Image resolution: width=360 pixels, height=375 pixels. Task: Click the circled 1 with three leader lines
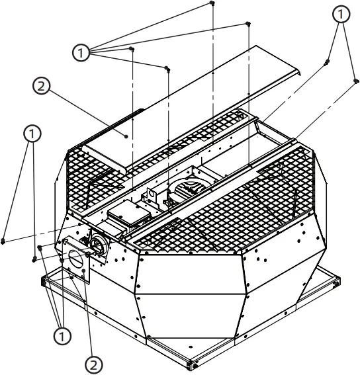[x=62, y=337]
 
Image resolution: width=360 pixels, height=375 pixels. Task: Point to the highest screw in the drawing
[x=212, y=3]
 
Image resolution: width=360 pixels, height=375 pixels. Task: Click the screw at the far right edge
[x=356, y=81]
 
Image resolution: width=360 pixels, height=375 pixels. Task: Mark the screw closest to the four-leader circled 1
[x=132, y=49]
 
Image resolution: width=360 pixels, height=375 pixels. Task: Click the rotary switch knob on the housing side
[x=97, y=244]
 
